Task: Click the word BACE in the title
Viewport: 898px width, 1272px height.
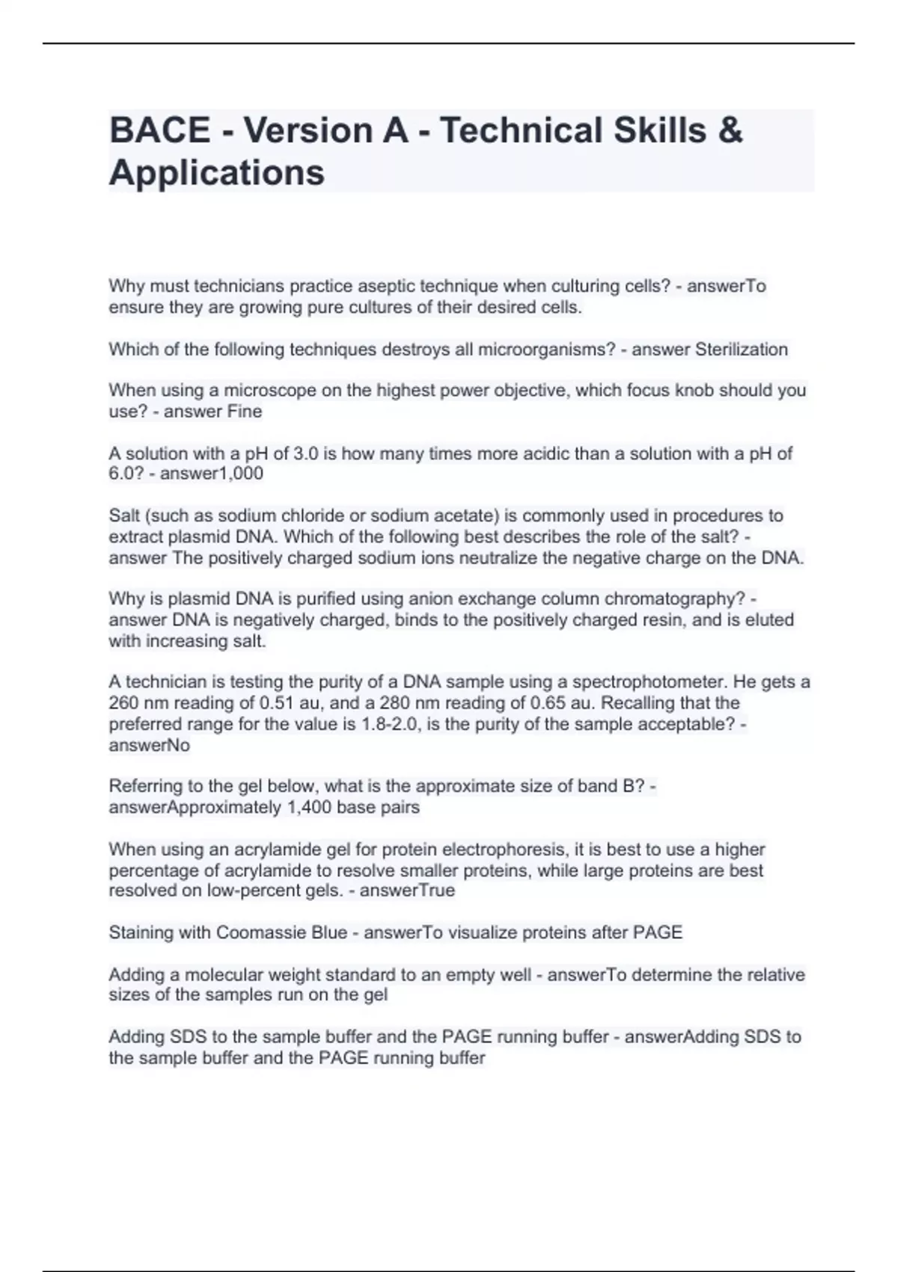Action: coord(159,130)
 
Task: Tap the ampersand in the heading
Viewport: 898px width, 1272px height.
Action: coord(730,130)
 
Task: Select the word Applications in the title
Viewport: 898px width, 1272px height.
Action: coord(217,173)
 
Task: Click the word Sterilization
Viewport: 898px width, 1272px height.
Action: coord(741,349)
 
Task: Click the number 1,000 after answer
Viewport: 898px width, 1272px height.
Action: coord(238,474)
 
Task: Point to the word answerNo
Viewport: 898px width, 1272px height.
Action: coord(150,745)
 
